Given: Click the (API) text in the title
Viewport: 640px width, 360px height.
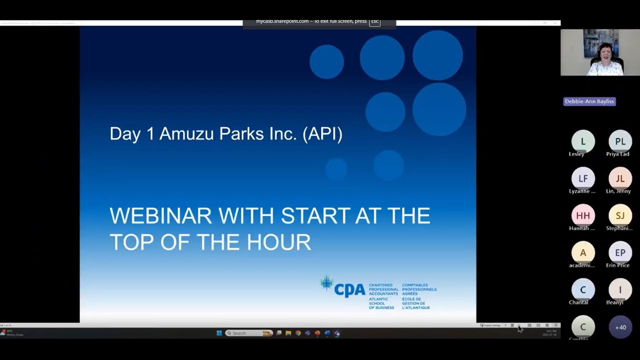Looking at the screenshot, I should click(x=322, y=134).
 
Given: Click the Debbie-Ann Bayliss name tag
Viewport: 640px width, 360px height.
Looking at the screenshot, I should click(x=589, y=101).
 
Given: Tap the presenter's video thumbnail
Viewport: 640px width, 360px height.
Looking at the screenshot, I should click(x=600, y=52).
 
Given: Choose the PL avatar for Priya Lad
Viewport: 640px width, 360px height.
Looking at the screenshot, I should click(x=620, y=141).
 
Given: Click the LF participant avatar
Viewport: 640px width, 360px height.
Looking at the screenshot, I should click(x=583, y=178).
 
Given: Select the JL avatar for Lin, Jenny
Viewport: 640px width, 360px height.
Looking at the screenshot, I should click(x=620, y=178).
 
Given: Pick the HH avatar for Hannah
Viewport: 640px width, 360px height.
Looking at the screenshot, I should click(x=583, y=215).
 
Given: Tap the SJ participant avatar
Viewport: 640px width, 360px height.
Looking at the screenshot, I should click(x=620, y=215).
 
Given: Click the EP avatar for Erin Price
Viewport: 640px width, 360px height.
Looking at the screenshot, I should click(x=620, y=252).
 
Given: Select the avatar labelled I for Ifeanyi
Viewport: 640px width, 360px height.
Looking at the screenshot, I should click(x=620, y=289).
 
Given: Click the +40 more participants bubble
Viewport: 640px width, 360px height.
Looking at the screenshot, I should click(x=620, y=327).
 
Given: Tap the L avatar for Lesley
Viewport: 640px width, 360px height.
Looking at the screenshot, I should click(x=583, y=141).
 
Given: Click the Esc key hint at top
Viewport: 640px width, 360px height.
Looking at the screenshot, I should click(x=374, y=21).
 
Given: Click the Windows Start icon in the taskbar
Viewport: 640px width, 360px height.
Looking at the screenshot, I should click(x=219, y=333).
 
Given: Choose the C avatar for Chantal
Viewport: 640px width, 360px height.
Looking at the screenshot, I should click(x=583, y=289).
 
